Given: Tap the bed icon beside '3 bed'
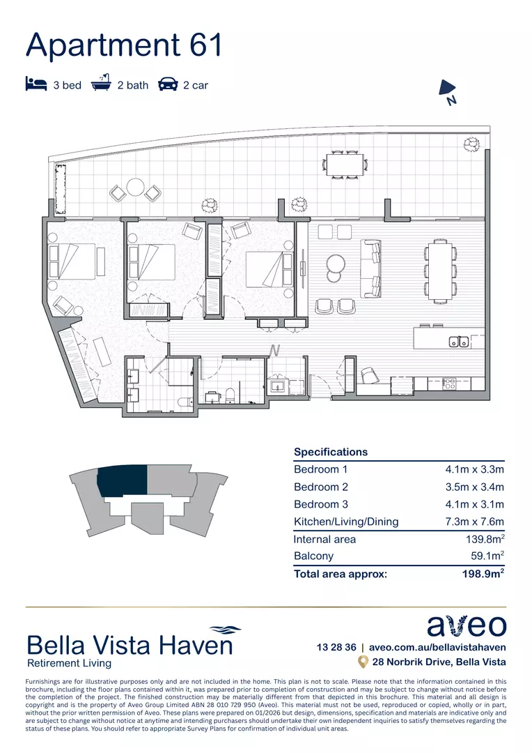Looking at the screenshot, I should (36, 84).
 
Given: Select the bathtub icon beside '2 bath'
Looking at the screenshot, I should (102, 84).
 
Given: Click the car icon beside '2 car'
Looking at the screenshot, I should (168, 84).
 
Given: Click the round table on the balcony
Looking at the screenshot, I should (134, 188).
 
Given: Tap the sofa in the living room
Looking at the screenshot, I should (370, 268).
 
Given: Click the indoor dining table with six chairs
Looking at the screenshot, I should (439, 270).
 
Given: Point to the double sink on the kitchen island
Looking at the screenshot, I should (458, 342).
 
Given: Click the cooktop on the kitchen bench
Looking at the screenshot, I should (450, 383).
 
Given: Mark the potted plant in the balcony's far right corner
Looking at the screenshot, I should (472, 144).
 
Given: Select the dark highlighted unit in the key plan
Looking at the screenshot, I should (123, 481).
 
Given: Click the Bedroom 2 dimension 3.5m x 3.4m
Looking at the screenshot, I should (474, 487).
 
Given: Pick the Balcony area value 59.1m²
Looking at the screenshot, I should (487, 556).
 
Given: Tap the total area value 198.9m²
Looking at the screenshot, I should (481, 574).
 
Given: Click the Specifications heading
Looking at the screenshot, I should (331, 452).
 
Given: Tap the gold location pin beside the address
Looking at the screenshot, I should (362, 662).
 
